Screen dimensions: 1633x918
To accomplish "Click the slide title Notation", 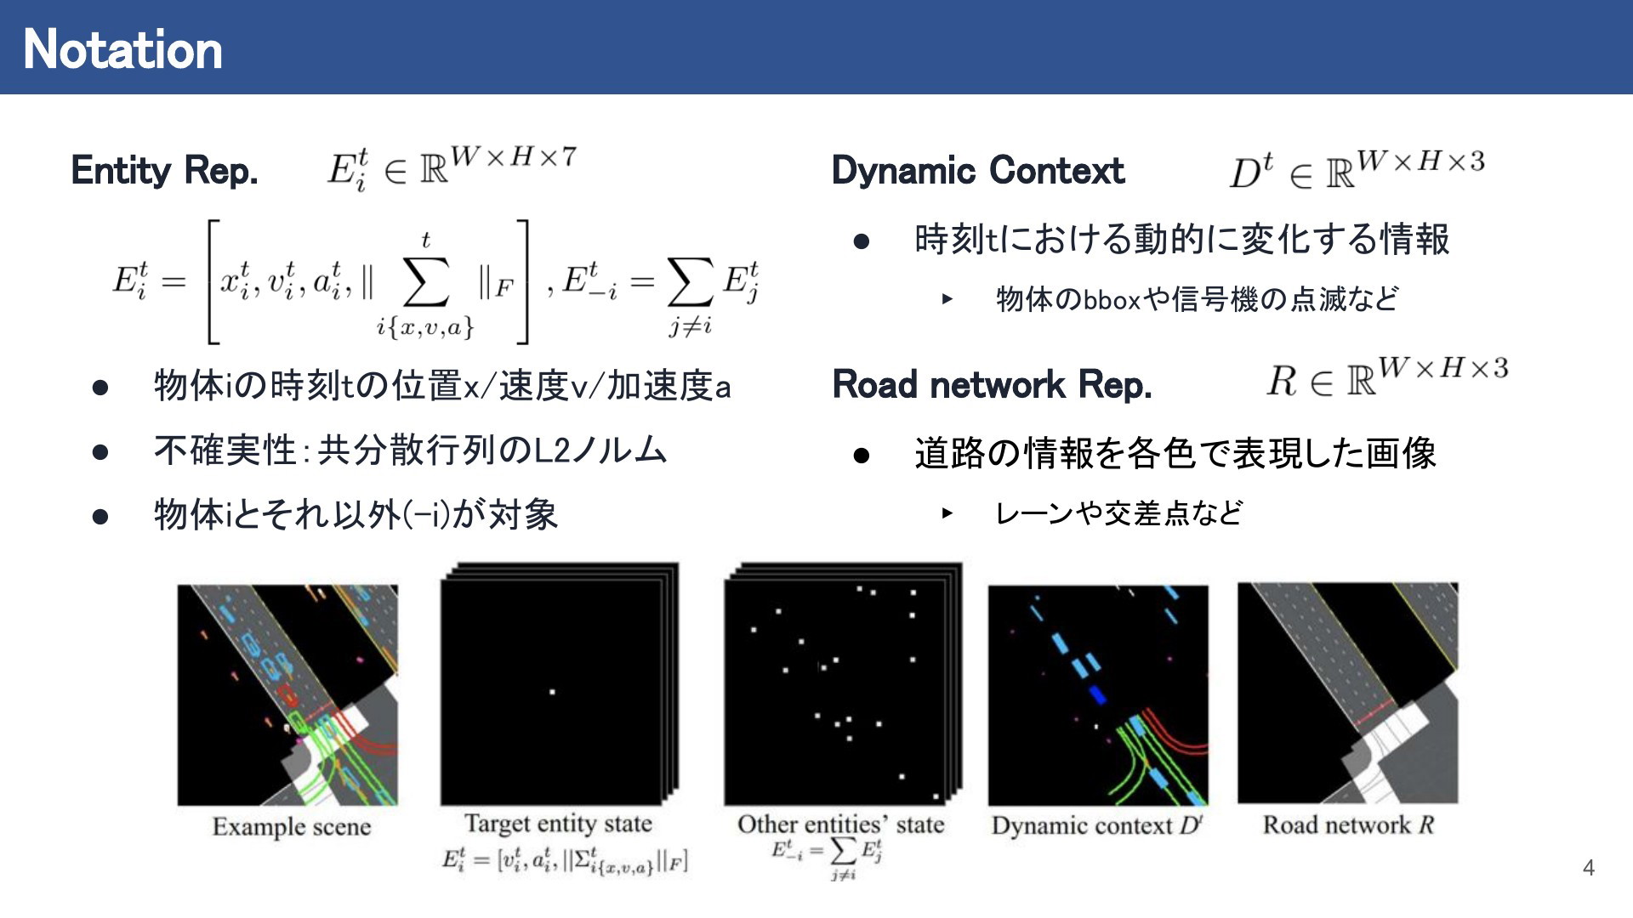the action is click(123, 49).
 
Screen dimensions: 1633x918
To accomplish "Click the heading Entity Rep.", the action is click(164, 170).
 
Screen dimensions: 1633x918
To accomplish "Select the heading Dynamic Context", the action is click(978, 170).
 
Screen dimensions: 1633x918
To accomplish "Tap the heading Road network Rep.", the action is click(992, 384).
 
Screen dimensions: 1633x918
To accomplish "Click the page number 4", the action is click(1588, 868).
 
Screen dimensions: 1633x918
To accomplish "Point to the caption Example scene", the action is click(292, 826).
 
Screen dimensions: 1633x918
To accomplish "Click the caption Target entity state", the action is click(558, 823).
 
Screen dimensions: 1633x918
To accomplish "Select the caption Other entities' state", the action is click(840, 824).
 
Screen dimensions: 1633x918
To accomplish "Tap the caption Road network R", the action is click(1348, 824).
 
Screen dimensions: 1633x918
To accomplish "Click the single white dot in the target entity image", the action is click(552, 692).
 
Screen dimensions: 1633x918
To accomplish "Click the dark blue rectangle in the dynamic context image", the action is click(1098, 695).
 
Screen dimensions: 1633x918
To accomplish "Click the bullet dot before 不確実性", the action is click(100, 451).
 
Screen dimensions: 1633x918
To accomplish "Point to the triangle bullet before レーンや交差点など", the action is click(947, 513).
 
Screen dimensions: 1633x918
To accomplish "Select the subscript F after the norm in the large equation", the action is click(504, 288).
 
